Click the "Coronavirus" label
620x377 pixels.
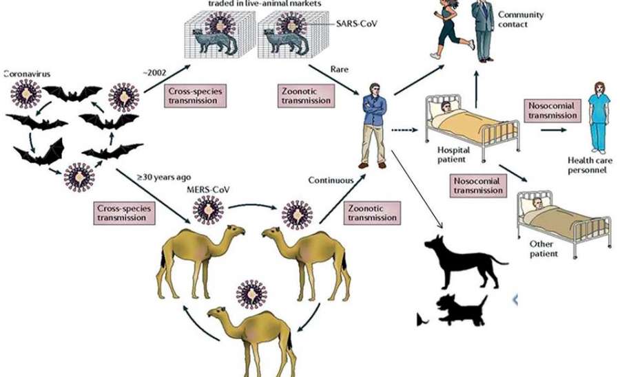pyautogui.click(x=28, y=73)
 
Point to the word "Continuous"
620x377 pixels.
pyautogui.click(x=330, y=180)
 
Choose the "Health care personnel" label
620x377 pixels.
pyautogui.click(x=587, y=165)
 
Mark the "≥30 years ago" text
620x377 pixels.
pyautogui.click(x=161, y=178)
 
